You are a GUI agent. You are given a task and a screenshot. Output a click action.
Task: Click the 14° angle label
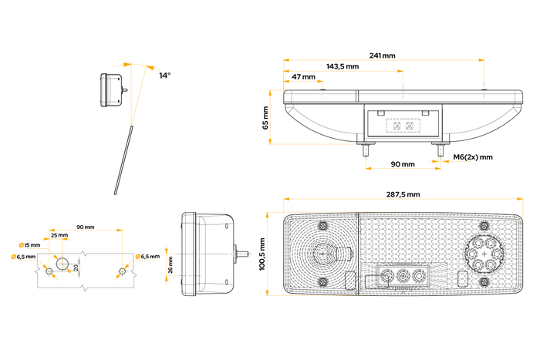[165, 76]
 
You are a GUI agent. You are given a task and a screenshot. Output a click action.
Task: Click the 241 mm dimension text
[382, 56]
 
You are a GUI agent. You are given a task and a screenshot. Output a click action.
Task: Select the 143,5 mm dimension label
[342, 66]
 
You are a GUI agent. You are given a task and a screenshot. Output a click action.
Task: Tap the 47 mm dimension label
[303, 77]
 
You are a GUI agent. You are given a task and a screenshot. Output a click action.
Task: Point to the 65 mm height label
[266, 117]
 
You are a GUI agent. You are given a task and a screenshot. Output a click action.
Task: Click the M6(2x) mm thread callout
[473, 156]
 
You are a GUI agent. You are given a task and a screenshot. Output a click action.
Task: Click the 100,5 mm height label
[263, 254]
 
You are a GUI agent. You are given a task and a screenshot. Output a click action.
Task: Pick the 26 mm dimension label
[170, 265]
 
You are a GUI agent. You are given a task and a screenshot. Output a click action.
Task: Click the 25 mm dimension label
[59, 235]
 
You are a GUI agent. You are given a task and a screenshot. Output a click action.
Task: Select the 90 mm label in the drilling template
[85, 227]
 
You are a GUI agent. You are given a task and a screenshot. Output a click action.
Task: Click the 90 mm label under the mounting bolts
[402, 164]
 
